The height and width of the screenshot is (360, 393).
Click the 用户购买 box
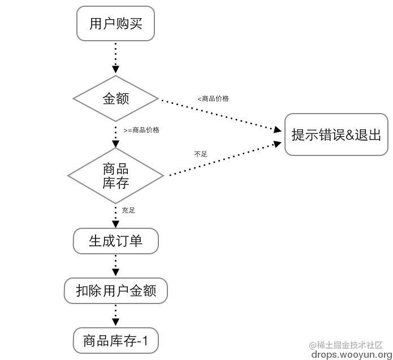(x=115, y=24)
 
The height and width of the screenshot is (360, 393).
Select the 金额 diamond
(x=115, y=99)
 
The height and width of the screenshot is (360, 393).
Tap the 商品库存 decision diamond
(x=115, y=176)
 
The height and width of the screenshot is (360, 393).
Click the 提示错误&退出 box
(x=336, y=135)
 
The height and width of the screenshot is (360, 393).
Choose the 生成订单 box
(x=115, y=241)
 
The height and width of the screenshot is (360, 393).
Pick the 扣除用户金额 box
(x=115, y=291)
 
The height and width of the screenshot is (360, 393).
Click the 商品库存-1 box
(x=115, y=341)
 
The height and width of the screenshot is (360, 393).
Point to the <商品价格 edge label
(x=213, y=98)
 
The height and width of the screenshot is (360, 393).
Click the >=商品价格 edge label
(x=141, y=130)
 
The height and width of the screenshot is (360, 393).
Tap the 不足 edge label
(x=200, y=154)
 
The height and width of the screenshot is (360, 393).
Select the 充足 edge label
(x=128, y=210)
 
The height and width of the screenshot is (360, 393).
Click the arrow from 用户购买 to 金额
(x=115, y=58)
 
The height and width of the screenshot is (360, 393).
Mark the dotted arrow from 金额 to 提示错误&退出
(x=221, y=115)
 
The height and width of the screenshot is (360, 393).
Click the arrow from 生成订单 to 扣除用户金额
(x=115, y=266)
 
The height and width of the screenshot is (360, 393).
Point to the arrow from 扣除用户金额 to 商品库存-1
(x=115, y=315)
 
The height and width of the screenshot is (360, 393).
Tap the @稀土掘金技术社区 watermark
(x=346, y=345)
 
